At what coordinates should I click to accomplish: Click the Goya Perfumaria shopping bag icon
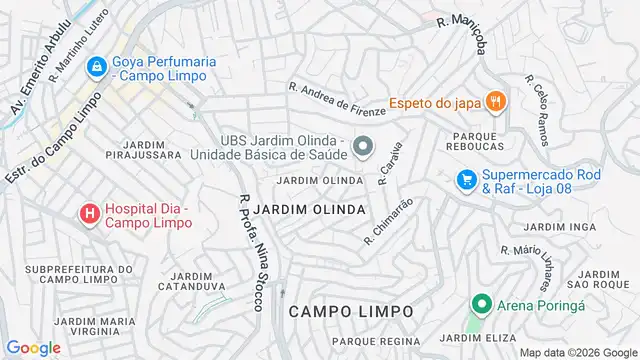tap(96, 68)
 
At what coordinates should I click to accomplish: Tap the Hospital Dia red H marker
tap(89, 214)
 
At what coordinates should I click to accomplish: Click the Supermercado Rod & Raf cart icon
tap(465, 179)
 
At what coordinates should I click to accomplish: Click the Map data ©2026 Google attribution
tap(576, 352)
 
